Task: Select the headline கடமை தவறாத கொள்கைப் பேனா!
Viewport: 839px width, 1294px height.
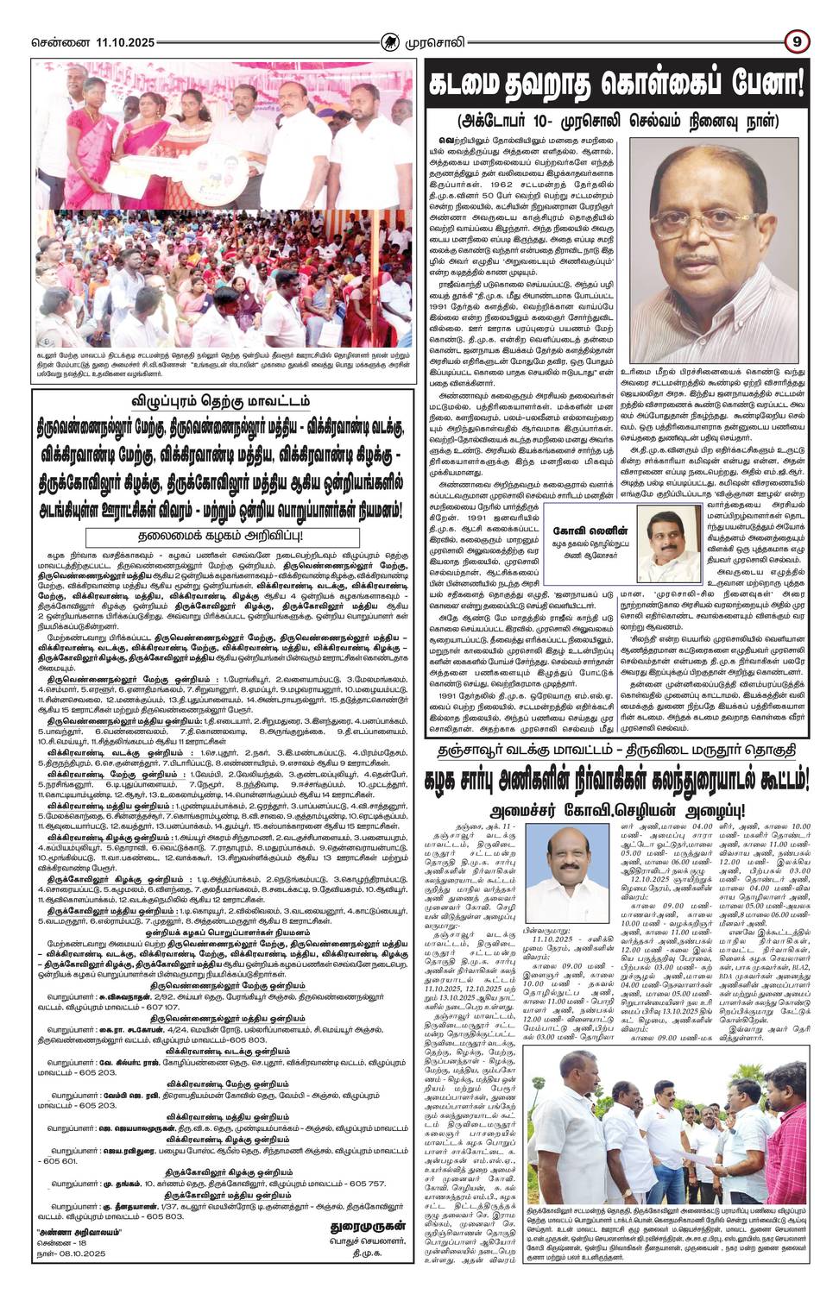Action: pyautogui.click(x=616, y=84)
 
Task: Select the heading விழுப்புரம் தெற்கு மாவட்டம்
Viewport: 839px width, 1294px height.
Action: pyautogui.click(x=213, y=377)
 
